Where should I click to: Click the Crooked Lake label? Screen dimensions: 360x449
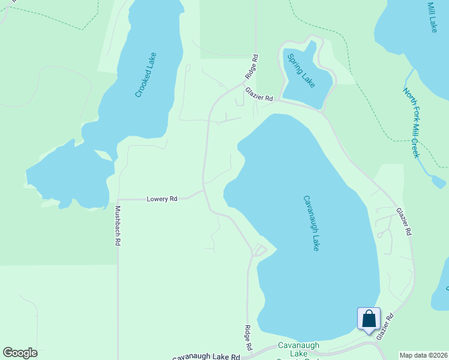(x=146, y=75)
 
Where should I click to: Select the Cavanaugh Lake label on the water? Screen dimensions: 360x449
(x=310, y=223)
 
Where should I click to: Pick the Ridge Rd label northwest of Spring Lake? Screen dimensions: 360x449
(x=252, y=67)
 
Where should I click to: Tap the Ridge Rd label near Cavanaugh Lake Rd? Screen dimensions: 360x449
(x=247, y=338)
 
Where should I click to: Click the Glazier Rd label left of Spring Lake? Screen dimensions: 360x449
(x=259, y=94)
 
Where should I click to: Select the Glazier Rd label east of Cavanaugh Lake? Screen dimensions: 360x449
(x=403, y=221)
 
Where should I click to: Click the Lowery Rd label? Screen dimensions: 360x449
(x=162, y=199)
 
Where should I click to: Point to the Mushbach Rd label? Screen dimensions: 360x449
(x=118, y=226)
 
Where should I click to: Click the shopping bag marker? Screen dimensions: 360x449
(x=369, y=318)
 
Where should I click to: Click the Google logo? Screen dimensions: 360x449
(x=20, y=353)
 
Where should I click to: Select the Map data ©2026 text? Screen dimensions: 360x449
(x=423, y=355)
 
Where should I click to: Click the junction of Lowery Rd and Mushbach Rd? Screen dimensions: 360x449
(x=118, y=199)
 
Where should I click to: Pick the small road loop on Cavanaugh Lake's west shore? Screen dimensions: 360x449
(x=259, y=249)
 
